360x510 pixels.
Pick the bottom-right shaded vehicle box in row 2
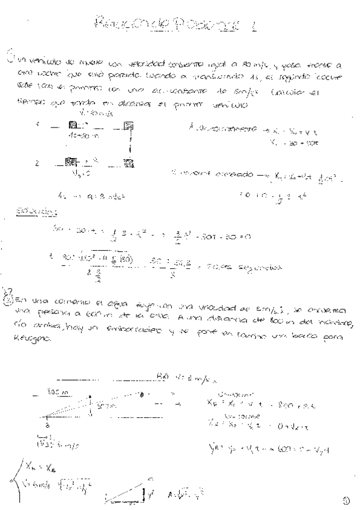click(x=128, y=162)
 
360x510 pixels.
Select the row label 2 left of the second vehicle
click(x=37, y=162)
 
